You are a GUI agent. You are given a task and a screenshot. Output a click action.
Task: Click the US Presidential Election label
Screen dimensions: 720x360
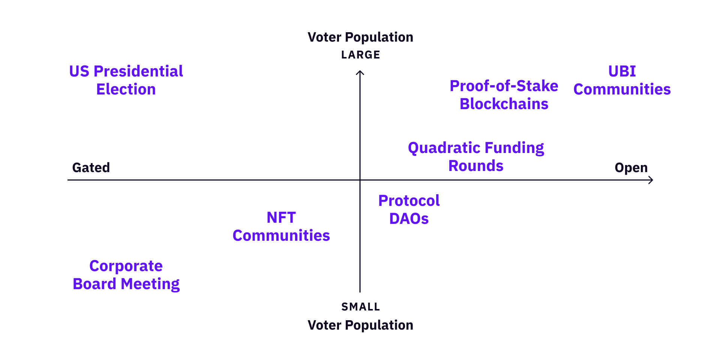pyautogui.click(x=126, y=80)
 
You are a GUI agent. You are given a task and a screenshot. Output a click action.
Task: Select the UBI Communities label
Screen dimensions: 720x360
pyautogui.click(x=622, y=80)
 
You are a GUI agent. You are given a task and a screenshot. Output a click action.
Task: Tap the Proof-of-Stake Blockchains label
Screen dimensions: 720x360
pyautogui.click(x=504, y=95)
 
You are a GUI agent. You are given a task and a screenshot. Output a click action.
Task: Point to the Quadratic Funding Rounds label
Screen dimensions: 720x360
pyautogui.click(x=476, y=157)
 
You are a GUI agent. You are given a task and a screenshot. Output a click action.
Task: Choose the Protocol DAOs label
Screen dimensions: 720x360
pyautogui.click(x=409, y=210)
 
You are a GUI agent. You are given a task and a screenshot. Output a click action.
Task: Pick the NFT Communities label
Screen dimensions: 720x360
pyautogui.click(x=281, y=226)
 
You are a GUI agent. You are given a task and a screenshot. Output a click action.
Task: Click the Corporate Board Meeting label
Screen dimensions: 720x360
pyautogui.click(x=126, y=275)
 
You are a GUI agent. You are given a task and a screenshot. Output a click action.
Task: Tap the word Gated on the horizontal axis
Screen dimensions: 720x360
pyautogui.click(x=91, y=168)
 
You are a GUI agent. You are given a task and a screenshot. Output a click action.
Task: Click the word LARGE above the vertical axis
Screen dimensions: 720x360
pyautogui.click(x=361, y=55)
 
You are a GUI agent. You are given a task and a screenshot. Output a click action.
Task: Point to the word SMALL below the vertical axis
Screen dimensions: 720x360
pyautogui.click(x=361, y=307)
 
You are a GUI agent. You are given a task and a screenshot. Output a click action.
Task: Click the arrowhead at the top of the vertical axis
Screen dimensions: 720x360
pyautogui.click(x=360, y=71)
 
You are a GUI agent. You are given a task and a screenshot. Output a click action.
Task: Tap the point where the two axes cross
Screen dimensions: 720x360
pyautogui.click(x=360, y=180)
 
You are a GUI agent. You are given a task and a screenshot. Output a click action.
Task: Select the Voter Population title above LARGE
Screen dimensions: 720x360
pyautogui.click(x=360, y=37)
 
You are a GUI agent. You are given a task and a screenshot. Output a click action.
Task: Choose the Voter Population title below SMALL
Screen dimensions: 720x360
pyautogui.click(x=360, y=325)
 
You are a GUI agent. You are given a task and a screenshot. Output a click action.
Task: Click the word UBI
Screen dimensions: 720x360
pyautogui.click(x=622, y=71)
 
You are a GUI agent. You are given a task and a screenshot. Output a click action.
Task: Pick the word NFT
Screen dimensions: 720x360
pyautogui.click(x=281, y=217)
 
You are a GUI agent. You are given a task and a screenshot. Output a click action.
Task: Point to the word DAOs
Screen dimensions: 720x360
pyautogui.click(x=409, y=219)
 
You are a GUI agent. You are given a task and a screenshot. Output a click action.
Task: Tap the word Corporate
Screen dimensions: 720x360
pyautogui.click(x=126, y=266)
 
